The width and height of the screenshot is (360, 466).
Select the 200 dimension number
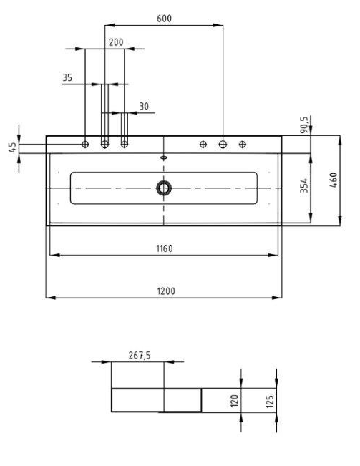(x=115, y=42)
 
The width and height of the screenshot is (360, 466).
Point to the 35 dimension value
(x=67, y=77)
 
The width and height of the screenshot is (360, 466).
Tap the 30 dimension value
(x=144, y=106)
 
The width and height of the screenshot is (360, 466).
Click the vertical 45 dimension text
(x=12, y=147)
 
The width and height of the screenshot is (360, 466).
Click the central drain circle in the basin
(x=164, y=188)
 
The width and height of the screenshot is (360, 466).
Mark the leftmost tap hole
(x=85, y=145)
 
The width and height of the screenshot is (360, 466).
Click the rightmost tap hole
(x=243, y=145)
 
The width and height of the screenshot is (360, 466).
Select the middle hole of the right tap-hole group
(x=223, y=145)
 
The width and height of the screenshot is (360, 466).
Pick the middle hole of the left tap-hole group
(x=105, y=145)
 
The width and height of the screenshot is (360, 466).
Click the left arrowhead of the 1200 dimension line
(x=48, y=297)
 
